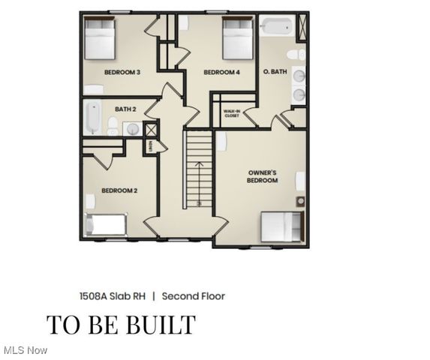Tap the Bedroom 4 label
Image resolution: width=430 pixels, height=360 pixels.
click(x=221, y=72)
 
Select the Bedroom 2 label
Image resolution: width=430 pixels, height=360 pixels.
click(x=119, y=190)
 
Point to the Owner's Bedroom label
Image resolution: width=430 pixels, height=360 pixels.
click(x=263, y=176)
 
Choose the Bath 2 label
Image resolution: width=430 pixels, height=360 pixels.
click(x=125, y=109)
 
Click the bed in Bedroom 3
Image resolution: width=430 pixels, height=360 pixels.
click(x=99, y=39)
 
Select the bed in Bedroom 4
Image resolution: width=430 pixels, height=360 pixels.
click(x=238, y=39)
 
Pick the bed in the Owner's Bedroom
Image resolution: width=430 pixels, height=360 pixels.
click(x=282, y=225)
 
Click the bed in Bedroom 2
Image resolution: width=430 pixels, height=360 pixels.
click(x=106, y=224)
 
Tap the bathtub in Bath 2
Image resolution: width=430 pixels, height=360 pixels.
click(x=92, y=118)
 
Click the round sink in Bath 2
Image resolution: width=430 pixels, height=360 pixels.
click(x=132, y=129)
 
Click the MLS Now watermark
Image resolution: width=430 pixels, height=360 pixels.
click(x=26, y=350)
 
